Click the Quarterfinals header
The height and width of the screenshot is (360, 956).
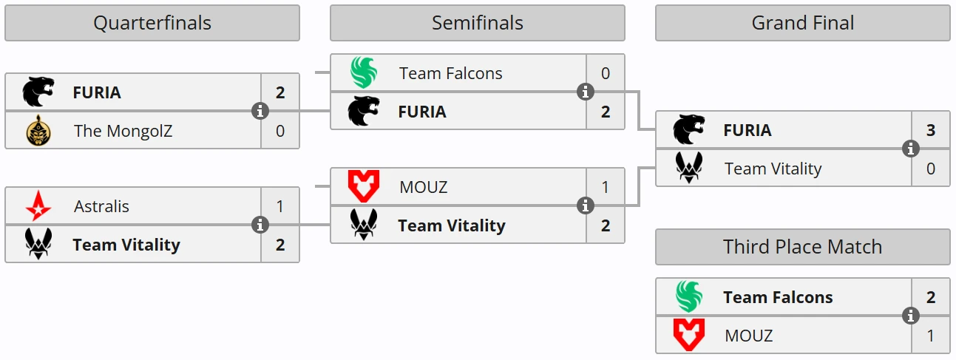coord(152,23)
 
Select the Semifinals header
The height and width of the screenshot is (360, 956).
coord(478,23)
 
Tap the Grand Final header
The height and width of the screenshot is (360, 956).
coord(803,23)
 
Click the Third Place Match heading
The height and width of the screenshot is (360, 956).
coord(803,247)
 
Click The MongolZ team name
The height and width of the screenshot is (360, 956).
coord(123,131)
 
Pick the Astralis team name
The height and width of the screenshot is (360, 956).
coord(101,206)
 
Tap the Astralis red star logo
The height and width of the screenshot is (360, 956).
coord(38,206)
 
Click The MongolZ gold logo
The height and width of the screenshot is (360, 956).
coord(38,131)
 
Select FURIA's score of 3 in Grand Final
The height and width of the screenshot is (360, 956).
coord(931,130)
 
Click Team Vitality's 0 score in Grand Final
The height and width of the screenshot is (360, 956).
coord(931,169)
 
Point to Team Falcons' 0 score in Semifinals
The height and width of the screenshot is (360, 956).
coord(606,73)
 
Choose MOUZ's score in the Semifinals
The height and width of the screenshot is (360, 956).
coord(606,187)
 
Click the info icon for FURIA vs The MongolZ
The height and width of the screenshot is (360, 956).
coord(260,111)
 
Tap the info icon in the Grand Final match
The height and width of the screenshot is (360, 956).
coord(910,149)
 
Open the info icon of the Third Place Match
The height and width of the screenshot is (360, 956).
coord(910,316)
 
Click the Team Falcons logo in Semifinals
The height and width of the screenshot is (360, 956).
coord(364,72)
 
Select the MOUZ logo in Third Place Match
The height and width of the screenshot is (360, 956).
coord(689,335)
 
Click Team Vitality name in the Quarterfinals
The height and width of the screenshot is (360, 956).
coord(126,245)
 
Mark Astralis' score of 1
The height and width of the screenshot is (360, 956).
coord(280,206)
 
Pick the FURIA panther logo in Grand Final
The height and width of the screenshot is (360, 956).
coord(689,129)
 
